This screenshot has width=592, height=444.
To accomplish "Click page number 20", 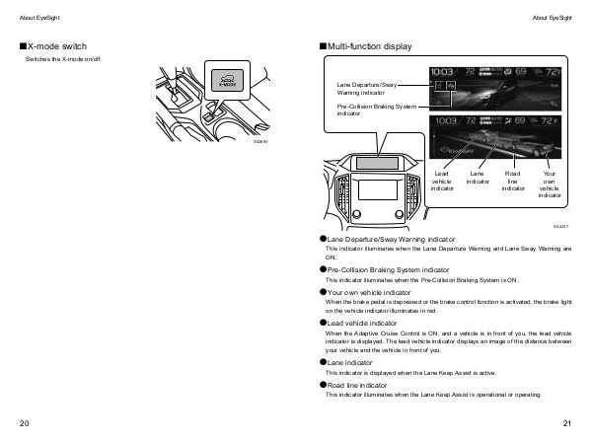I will click(25, 423).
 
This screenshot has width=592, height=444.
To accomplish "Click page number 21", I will click(566, 423).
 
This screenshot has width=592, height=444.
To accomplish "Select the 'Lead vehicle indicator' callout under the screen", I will click(442, 181).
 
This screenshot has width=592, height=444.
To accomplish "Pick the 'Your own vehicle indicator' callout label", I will click(550, 184).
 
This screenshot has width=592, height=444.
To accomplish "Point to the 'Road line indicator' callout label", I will click(513, 181).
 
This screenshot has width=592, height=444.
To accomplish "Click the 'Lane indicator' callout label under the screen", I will click(478, 177).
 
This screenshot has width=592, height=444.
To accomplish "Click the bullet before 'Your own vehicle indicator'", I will click(323, 292).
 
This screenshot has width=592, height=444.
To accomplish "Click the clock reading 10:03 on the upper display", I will click(442, 73).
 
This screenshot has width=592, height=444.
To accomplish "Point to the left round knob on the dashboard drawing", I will click(357, 213).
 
